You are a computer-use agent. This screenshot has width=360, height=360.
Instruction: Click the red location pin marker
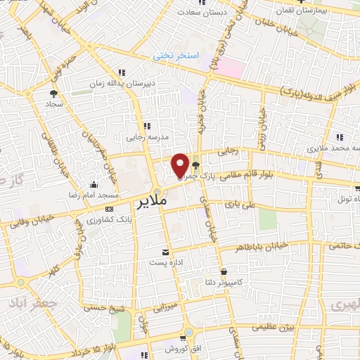(181, 165)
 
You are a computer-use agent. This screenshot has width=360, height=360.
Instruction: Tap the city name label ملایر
(150, 201)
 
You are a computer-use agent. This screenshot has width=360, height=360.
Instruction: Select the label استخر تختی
(178, 55)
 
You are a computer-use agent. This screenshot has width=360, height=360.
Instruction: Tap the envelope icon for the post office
(165, 252)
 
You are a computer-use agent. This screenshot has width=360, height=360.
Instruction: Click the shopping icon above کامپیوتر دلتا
(224, 271)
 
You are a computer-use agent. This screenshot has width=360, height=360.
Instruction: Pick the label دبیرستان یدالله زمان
(124, 82)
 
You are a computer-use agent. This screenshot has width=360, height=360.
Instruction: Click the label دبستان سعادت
(203, 12)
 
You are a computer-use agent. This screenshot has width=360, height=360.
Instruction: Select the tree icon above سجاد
(53, 92)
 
